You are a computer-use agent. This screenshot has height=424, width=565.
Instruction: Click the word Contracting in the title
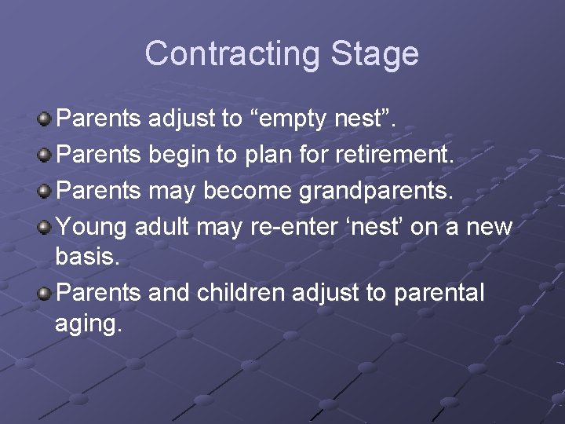(231, 53)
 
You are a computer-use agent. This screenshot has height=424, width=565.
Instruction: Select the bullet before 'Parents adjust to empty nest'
(45, 119)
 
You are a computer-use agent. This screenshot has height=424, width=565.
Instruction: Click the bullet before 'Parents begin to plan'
(45, 155)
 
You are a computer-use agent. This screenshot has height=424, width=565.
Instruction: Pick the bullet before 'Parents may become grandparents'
(45, 191)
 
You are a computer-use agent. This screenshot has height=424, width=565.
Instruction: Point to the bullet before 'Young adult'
(45, 227)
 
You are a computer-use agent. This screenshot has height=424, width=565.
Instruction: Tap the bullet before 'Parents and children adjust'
(45, 293)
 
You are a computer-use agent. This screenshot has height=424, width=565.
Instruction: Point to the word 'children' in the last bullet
(241, 293)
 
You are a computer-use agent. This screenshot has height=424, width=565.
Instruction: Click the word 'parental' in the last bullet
(439, 293)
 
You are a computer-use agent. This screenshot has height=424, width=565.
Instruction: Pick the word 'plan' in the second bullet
(269, 155)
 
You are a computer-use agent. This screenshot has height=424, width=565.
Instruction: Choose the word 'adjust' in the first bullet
(180, 119)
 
